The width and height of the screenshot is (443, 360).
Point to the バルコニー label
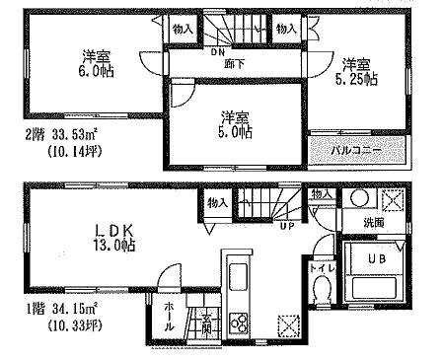pos(355,151)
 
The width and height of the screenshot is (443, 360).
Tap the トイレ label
pos(317,266)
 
